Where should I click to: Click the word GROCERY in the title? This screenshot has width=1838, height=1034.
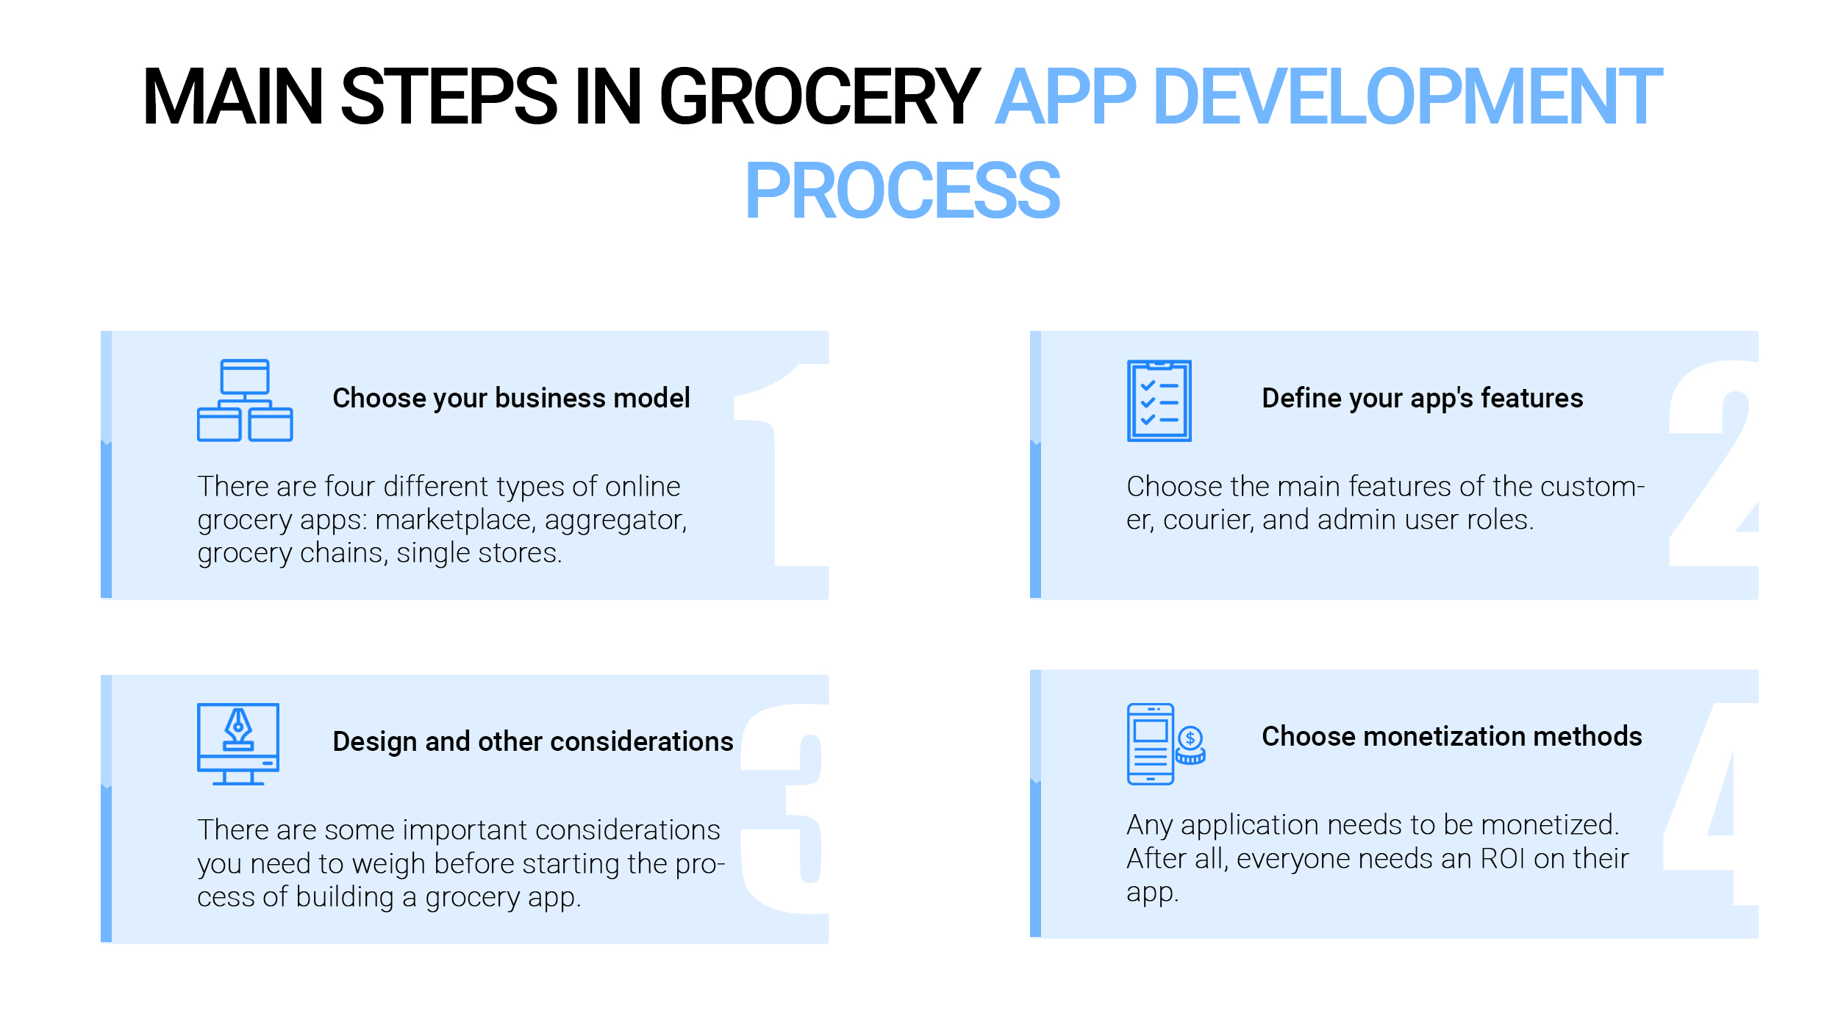tap(820, 96)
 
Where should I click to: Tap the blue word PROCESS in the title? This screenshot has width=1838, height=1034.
tap(902, 191)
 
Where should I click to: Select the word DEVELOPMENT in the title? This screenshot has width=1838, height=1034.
tap(1408, 96)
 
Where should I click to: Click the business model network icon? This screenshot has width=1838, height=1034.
tap(245, 400)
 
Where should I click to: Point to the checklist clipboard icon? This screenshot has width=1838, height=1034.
tap(1159, 401)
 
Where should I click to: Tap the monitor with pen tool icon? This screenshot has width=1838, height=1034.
tap(238, 744)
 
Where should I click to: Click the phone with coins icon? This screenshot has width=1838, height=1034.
tap(1166, 744)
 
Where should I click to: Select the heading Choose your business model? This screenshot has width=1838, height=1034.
tap(511, 399)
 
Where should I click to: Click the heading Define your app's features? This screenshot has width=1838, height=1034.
tap(1422, 399)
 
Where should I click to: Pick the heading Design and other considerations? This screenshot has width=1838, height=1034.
tap(533, 741)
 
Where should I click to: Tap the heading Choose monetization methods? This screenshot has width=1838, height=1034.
tap(1452, 736)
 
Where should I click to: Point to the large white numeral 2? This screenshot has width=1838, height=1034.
tap(1713, 463)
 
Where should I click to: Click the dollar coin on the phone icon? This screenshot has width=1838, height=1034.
tap(1190, 738)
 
